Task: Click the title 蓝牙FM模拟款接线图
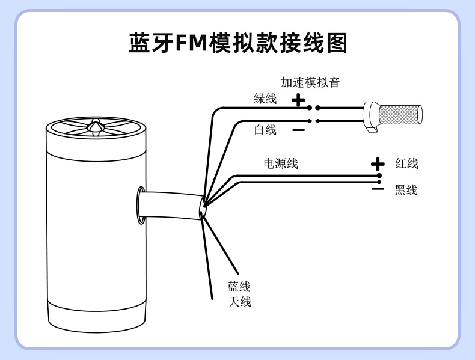tap(238, 43)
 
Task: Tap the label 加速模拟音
tap(310, 82)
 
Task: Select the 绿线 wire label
tap(265, 99)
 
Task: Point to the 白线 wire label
tap(265, 129)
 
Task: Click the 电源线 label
tap(280, 163)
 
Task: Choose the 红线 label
tap(406, 163)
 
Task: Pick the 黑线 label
tap(406, 191)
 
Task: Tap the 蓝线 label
tap(239, 287)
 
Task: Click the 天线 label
tap(239, 302)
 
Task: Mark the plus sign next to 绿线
tap(298, 100)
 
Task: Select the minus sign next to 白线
tap(298, 130)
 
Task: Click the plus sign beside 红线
tap(378, 163)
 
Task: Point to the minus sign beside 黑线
tap(378, 189)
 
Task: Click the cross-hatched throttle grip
tap(399, 115)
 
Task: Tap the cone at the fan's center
tap(94, 126)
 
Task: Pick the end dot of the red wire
tap(379, 175)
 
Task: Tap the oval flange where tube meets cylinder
tap(141, 206)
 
